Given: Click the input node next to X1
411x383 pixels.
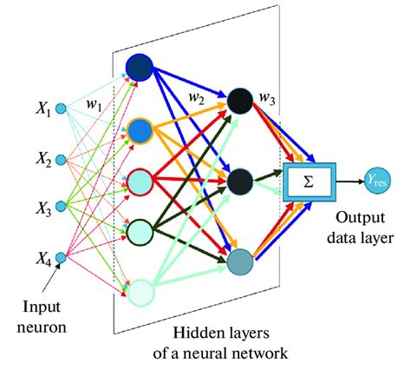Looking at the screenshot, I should tap(61, 109).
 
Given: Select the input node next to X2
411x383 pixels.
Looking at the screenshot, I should tap(61, 160).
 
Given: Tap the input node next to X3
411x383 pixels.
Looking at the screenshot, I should tap(61, 208).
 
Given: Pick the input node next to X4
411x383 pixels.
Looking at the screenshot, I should tap(61, 258).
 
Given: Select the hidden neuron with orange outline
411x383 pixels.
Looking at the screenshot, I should tap(140, 132).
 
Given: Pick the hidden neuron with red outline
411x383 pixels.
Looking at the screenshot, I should tap(140, 181).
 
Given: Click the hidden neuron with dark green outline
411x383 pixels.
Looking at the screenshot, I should tap(140, 231).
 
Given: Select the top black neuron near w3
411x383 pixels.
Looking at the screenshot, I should tap(239, 102).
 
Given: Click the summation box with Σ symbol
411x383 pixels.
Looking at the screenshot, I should tap(308, 182).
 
